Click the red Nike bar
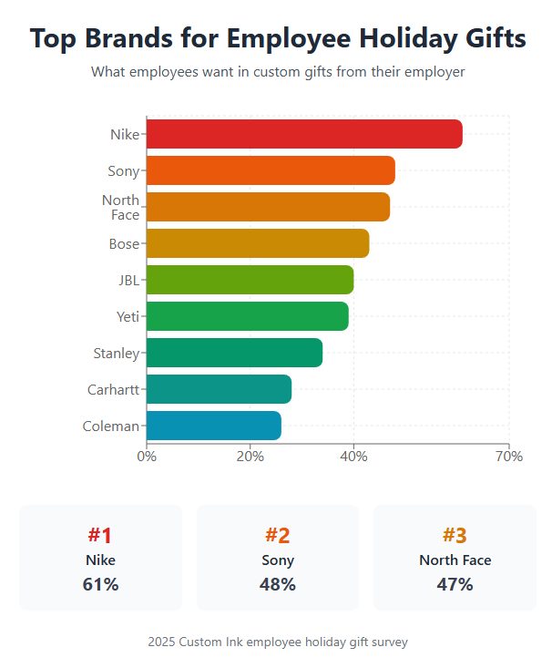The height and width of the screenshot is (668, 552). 303,134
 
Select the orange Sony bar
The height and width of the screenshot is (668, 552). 270,170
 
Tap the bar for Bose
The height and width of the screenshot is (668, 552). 257,243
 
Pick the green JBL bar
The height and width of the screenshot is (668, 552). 249,280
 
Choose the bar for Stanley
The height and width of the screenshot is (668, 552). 233,353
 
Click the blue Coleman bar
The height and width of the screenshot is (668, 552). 213,426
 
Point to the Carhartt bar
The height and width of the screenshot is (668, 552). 218,389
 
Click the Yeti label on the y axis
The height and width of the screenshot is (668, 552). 128,317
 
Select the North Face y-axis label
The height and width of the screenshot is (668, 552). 120,208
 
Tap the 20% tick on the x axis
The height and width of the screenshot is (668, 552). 250,457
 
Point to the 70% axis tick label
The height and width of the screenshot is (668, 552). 509,457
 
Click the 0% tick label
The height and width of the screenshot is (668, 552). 147,457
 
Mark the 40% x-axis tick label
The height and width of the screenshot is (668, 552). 353,457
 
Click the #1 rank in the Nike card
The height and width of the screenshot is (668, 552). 100,535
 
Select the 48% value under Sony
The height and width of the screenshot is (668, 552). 277,585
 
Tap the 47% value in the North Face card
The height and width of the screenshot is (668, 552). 455,585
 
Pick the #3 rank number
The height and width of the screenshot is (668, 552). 455,535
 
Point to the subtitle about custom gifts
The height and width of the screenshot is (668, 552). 278,72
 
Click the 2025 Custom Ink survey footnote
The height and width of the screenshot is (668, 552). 277,642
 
